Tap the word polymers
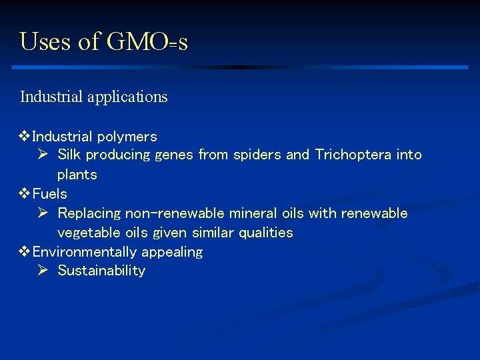(x=127, y=137)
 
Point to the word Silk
(x=71, y=155)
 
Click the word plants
(x=77, y=175)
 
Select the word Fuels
(x=49, y=194)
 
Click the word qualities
(x=267, y=233)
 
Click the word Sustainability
(x=101, y=271)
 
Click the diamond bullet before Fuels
(x=25, y=194)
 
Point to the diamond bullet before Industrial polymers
(x=25, y=137)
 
